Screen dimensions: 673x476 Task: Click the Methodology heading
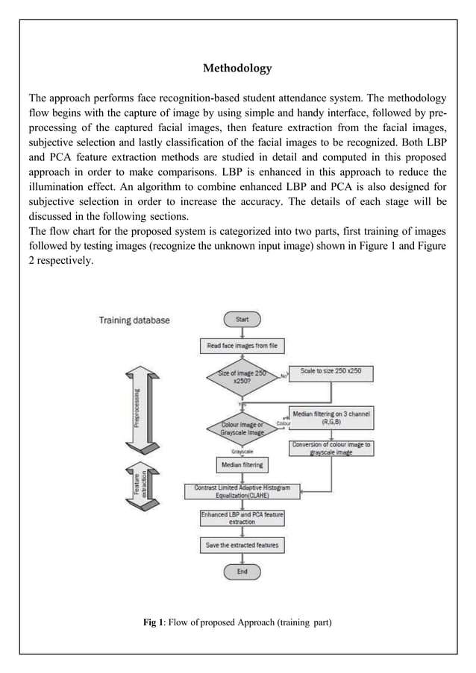point(237,69)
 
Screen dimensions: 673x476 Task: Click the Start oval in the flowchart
point(242,319)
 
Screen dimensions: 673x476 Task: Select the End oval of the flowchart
point(242,572)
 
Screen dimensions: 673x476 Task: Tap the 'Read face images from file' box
point(242,346)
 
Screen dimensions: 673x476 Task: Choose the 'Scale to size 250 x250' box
point(331,370)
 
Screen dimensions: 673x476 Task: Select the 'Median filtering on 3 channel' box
point(331,417)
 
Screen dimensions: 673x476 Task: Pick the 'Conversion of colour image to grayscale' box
point(331,448)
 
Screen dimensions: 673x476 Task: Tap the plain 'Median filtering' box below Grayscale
point(242,465)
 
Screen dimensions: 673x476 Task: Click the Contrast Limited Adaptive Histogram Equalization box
point(242,491)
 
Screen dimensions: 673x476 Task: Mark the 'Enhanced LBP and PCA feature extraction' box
point(242,518)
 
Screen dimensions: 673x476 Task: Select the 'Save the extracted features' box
point(242,546)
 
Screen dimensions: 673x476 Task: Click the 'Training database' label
point(134,320)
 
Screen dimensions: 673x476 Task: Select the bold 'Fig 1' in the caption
point(154,622)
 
